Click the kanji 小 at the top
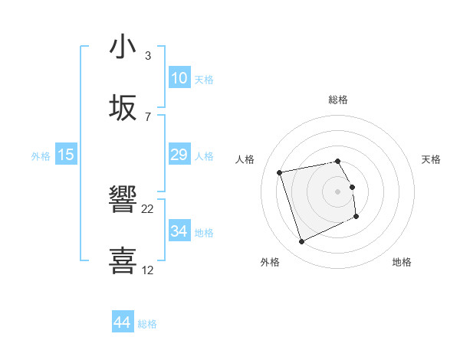point(123,48)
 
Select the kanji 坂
point(123,110)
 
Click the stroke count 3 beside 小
point(148,56)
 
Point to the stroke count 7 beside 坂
point(148,117)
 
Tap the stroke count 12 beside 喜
point(148,270)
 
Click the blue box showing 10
point(179,78)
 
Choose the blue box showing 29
point(179,155)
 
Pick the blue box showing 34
point(179,231)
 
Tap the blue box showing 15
point(66,155)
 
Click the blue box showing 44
point(122,323)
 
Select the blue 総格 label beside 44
point(147,324)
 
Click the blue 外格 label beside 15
point(41,155)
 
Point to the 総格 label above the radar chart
point(338,100)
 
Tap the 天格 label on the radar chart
point(432,159)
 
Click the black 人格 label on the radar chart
point(245,159)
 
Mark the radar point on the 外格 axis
point(301,242)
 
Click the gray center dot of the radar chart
point(338,191)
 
